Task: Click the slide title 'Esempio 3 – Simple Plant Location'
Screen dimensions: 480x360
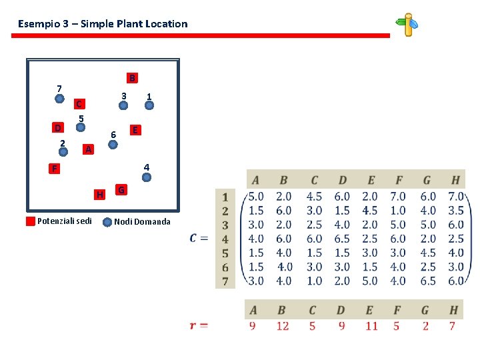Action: point(103,24)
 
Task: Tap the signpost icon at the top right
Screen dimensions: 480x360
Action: point(407,25)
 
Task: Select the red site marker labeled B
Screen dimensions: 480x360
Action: point(132,78)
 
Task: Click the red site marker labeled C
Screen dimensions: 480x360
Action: point(79,104)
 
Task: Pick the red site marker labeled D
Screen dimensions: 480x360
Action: point(59,127)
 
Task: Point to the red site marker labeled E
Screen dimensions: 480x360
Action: point(135,130)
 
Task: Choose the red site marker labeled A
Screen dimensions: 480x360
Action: point(89,149)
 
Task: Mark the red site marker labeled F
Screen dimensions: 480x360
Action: point(55,169)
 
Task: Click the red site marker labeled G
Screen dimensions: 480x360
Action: point(121,191)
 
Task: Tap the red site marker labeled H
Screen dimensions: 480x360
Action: point(99,195)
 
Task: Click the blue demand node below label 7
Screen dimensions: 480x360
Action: point(59,99)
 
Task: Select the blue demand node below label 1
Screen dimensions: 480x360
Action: point(149,105)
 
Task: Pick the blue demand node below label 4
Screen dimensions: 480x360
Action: point(147,177)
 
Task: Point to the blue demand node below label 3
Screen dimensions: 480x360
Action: point(123,105)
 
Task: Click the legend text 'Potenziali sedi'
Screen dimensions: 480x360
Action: point(64,221)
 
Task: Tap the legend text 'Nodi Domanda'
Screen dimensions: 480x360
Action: point(142,222)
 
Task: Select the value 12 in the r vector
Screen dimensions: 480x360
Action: point(283,326)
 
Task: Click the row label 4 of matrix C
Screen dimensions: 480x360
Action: point(225,239)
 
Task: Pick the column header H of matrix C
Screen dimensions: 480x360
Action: point(455,179)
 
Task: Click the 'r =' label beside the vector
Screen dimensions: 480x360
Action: point(199,325)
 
